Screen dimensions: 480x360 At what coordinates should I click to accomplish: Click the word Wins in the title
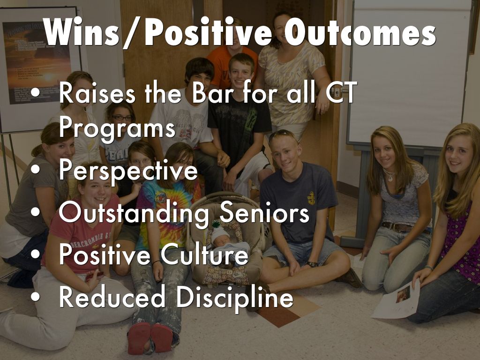click(x=82, y=32)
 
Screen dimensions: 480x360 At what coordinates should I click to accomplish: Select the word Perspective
click(x=128, y=170)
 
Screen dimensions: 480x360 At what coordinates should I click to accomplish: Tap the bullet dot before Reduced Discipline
click(x=35, y=297)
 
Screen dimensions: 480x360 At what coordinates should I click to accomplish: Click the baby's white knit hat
click(x=219, y=235)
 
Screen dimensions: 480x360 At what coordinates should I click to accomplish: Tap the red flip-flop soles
click(x=150, y=338)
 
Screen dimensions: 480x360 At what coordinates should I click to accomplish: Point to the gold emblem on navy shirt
click(x=311, y=198)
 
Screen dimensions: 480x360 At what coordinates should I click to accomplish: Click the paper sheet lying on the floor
click(x=396, y=300)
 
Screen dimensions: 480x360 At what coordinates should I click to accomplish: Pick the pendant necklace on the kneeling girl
click(x=389, y=176)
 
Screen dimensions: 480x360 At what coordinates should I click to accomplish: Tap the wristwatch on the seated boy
click(x=312, y=264)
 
